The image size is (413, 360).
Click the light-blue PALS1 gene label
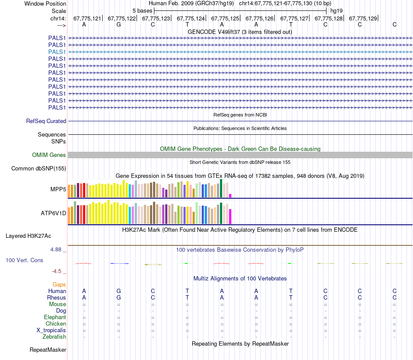[57, 52]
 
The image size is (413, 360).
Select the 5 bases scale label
[142, 10]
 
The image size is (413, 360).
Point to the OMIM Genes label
[49, 155]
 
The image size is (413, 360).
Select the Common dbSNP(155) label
[39, 169]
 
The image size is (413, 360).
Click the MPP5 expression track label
[58, 190]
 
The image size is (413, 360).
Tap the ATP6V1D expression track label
[53, 213]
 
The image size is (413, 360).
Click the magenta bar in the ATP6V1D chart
[230, 216]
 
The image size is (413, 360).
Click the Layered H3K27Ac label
[28, 236]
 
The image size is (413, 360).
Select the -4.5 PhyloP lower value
[58, 271]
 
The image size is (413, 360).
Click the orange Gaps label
[59, 284]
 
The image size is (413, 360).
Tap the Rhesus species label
[57, 298]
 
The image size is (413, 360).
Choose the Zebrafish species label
[54, 337]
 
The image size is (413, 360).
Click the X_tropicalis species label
[51, 330]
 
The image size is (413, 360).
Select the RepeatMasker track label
[48, 350]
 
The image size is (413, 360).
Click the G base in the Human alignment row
[119, 291]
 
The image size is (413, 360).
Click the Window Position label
[45, 3]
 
